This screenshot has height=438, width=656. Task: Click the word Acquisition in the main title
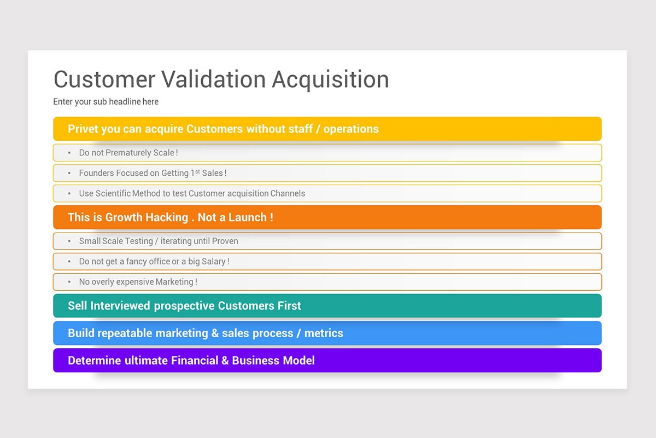coord(330,79)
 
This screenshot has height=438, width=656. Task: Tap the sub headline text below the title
coord(106,101)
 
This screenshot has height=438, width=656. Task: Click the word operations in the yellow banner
coord(351,129)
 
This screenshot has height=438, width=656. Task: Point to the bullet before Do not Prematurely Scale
coord(69,153)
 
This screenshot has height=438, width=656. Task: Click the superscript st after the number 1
coord(197,171)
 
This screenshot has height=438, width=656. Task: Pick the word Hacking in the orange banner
coord(166,217)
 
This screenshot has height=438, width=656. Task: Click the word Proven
coord(225,241)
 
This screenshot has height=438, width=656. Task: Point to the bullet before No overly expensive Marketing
coord(69,282)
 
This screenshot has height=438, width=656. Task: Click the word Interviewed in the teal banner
coord(120,306)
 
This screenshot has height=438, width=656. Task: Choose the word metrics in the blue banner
coord(324,333)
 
